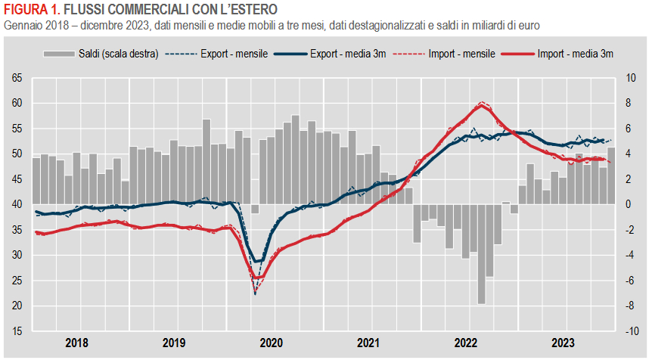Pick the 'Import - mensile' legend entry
click(461, 54)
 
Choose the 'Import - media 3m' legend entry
click(576, 54)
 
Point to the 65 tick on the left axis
click(17, 78)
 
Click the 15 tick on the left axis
click(17, 331)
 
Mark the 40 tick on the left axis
click(17, 204)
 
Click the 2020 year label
click(272, 343)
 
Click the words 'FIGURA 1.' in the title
click(30, 9)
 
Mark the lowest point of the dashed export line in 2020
click(255, 293)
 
